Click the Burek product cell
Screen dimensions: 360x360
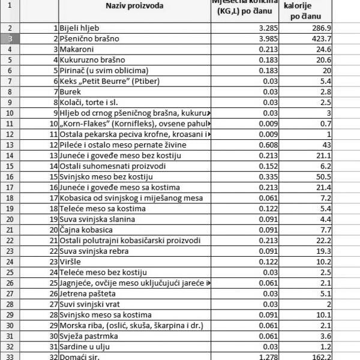(71, 92)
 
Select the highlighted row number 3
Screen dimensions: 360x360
(11, 38)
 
